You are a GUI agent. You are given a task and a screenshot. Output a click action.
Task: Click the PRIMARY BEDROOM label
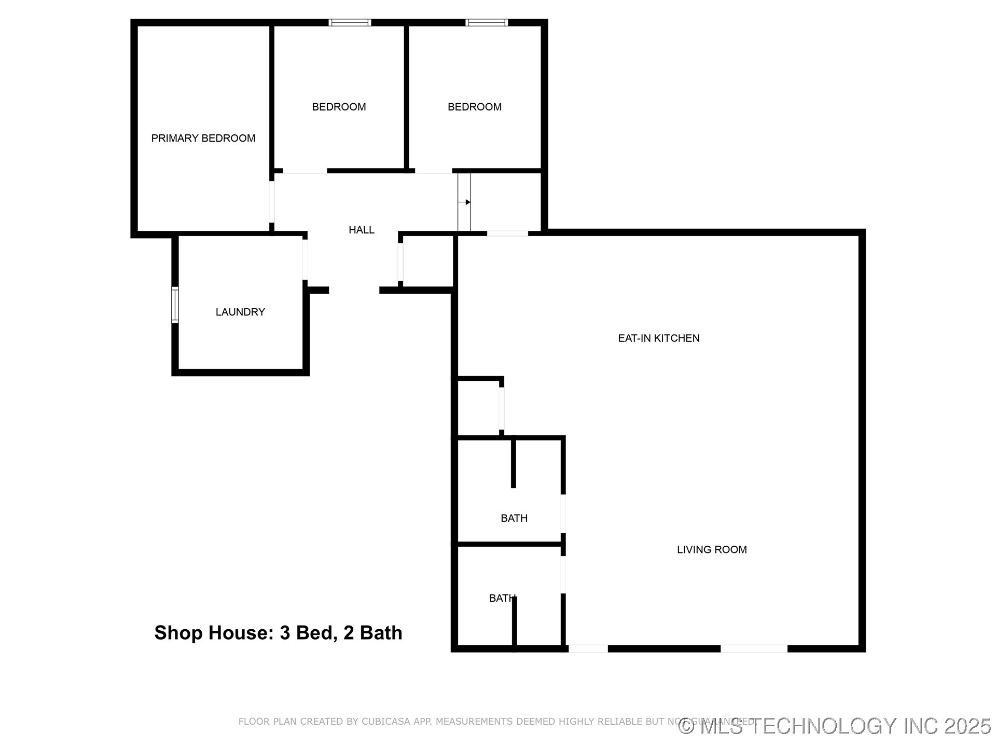click(x=203, y=139)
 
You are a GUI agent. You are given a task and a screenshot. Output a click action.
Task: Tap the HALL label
click(x=361, y=230)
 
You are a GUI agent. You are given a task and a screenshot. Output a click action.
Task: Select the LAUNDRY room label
click(x=240, y=312)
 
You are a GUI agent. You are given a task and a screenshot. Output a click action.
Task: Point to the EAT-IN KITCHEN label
click(x=658, y=338)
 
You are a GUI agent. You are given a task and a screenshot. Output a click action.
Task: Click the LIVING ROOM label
click(x=711, y=550)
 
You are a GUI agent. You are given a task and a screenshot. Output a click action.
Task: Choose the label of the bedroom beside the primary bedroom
click(x=339, y=107)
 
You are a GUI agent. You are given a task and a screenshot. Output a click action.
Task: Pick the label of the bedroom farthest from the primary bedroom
click(x=474, y=107)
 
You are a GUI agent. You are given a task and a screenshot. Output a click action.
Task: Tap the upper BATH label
click(x=514, y=518)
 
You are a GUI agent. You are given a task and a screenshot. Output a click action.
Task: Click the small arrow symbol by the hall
click(x=467, y=202)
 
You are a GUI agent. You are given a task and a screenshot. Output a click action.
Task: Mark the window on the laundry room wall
click(x=175, y=305)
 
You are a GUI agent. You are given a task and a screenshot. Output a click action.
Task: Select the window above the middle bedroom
click(x=350, y=22)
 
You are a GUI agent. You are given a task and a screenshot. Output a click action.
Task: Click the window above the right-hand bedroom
click(x=486, y=22)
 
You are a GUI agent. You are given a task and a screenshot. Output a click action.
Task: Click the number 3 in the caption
click(x=284, y=633)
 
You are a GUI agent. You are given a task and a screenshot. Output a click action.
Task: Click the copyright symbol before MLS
click(x=686, y=726)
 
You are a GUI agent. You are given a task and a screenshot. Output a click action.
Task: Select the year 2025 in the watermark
click(x=967, y=726)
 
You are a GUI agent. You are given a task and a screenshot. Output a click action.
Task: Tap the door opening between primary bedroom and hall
click(x=271, y=201)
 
